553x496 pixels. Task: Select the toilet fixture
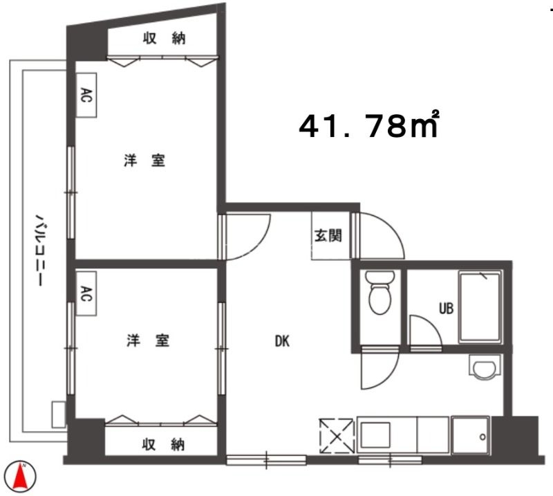[x=379, y=292]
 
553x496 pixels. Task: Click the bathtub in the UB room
[x=480, y=306]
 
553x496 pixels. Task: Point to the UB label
[x=446, y=309]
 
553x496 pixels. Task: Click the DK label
[x=282, y=341]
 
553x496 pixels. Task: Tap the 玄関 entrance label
[x=328, y=235]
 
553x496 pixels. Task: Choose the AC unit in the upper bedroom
[x=86, y=95]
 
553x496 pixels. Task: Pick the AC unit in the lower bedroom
[x=86, y=294]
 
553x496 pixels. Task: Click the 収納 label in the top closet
[x=164, y=38]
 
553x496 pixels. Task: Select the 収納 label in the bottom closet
[x=163, y=444]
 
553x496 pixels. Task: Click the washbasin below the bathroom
[x=485, y=367]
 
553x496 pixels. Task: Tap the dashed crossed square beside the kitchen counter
[x=337, y=436]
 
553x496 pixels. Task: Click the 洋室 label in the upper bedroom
[x=144, y=160]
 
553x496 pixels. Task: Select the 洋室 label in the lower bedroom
[x=148, y=340]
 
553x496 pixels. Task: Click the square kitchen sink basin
[x=375, y=435]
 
